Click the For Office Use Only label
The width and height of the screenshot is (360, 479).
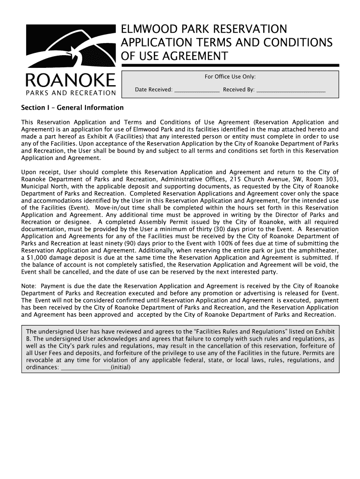230,77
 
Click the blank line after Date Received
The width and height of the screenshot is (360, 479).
197,89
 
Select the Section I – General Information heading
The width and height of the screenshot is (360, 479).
72,108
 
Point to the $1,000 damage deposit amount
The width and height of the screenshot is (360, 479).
36,258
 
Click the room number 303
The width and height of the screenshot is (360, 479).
331,179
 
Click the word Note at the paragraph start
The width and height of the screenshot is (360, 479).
29,286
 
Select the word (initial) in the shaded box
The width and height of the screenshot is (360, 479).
121,367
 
